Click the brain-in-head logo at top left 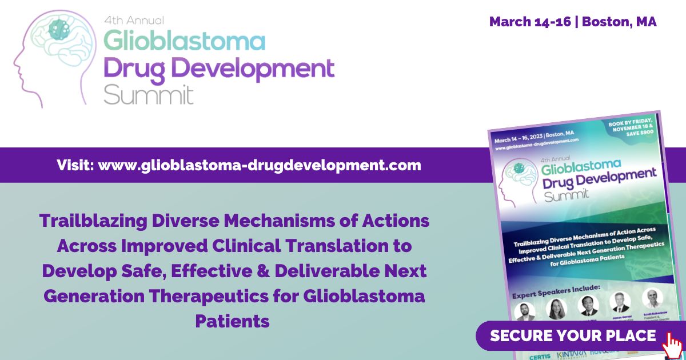pyautogui.click(x=54, y=54)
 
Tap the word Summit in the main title pyautogui.click(x=149, y=94)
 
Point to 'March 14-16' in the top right pyautogui.click(x=529, y=22)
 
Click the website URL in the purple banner pyautogui.click(x=260, y=166)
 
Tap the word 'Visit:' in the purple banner pyautogui.click(x=75, y=166)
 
